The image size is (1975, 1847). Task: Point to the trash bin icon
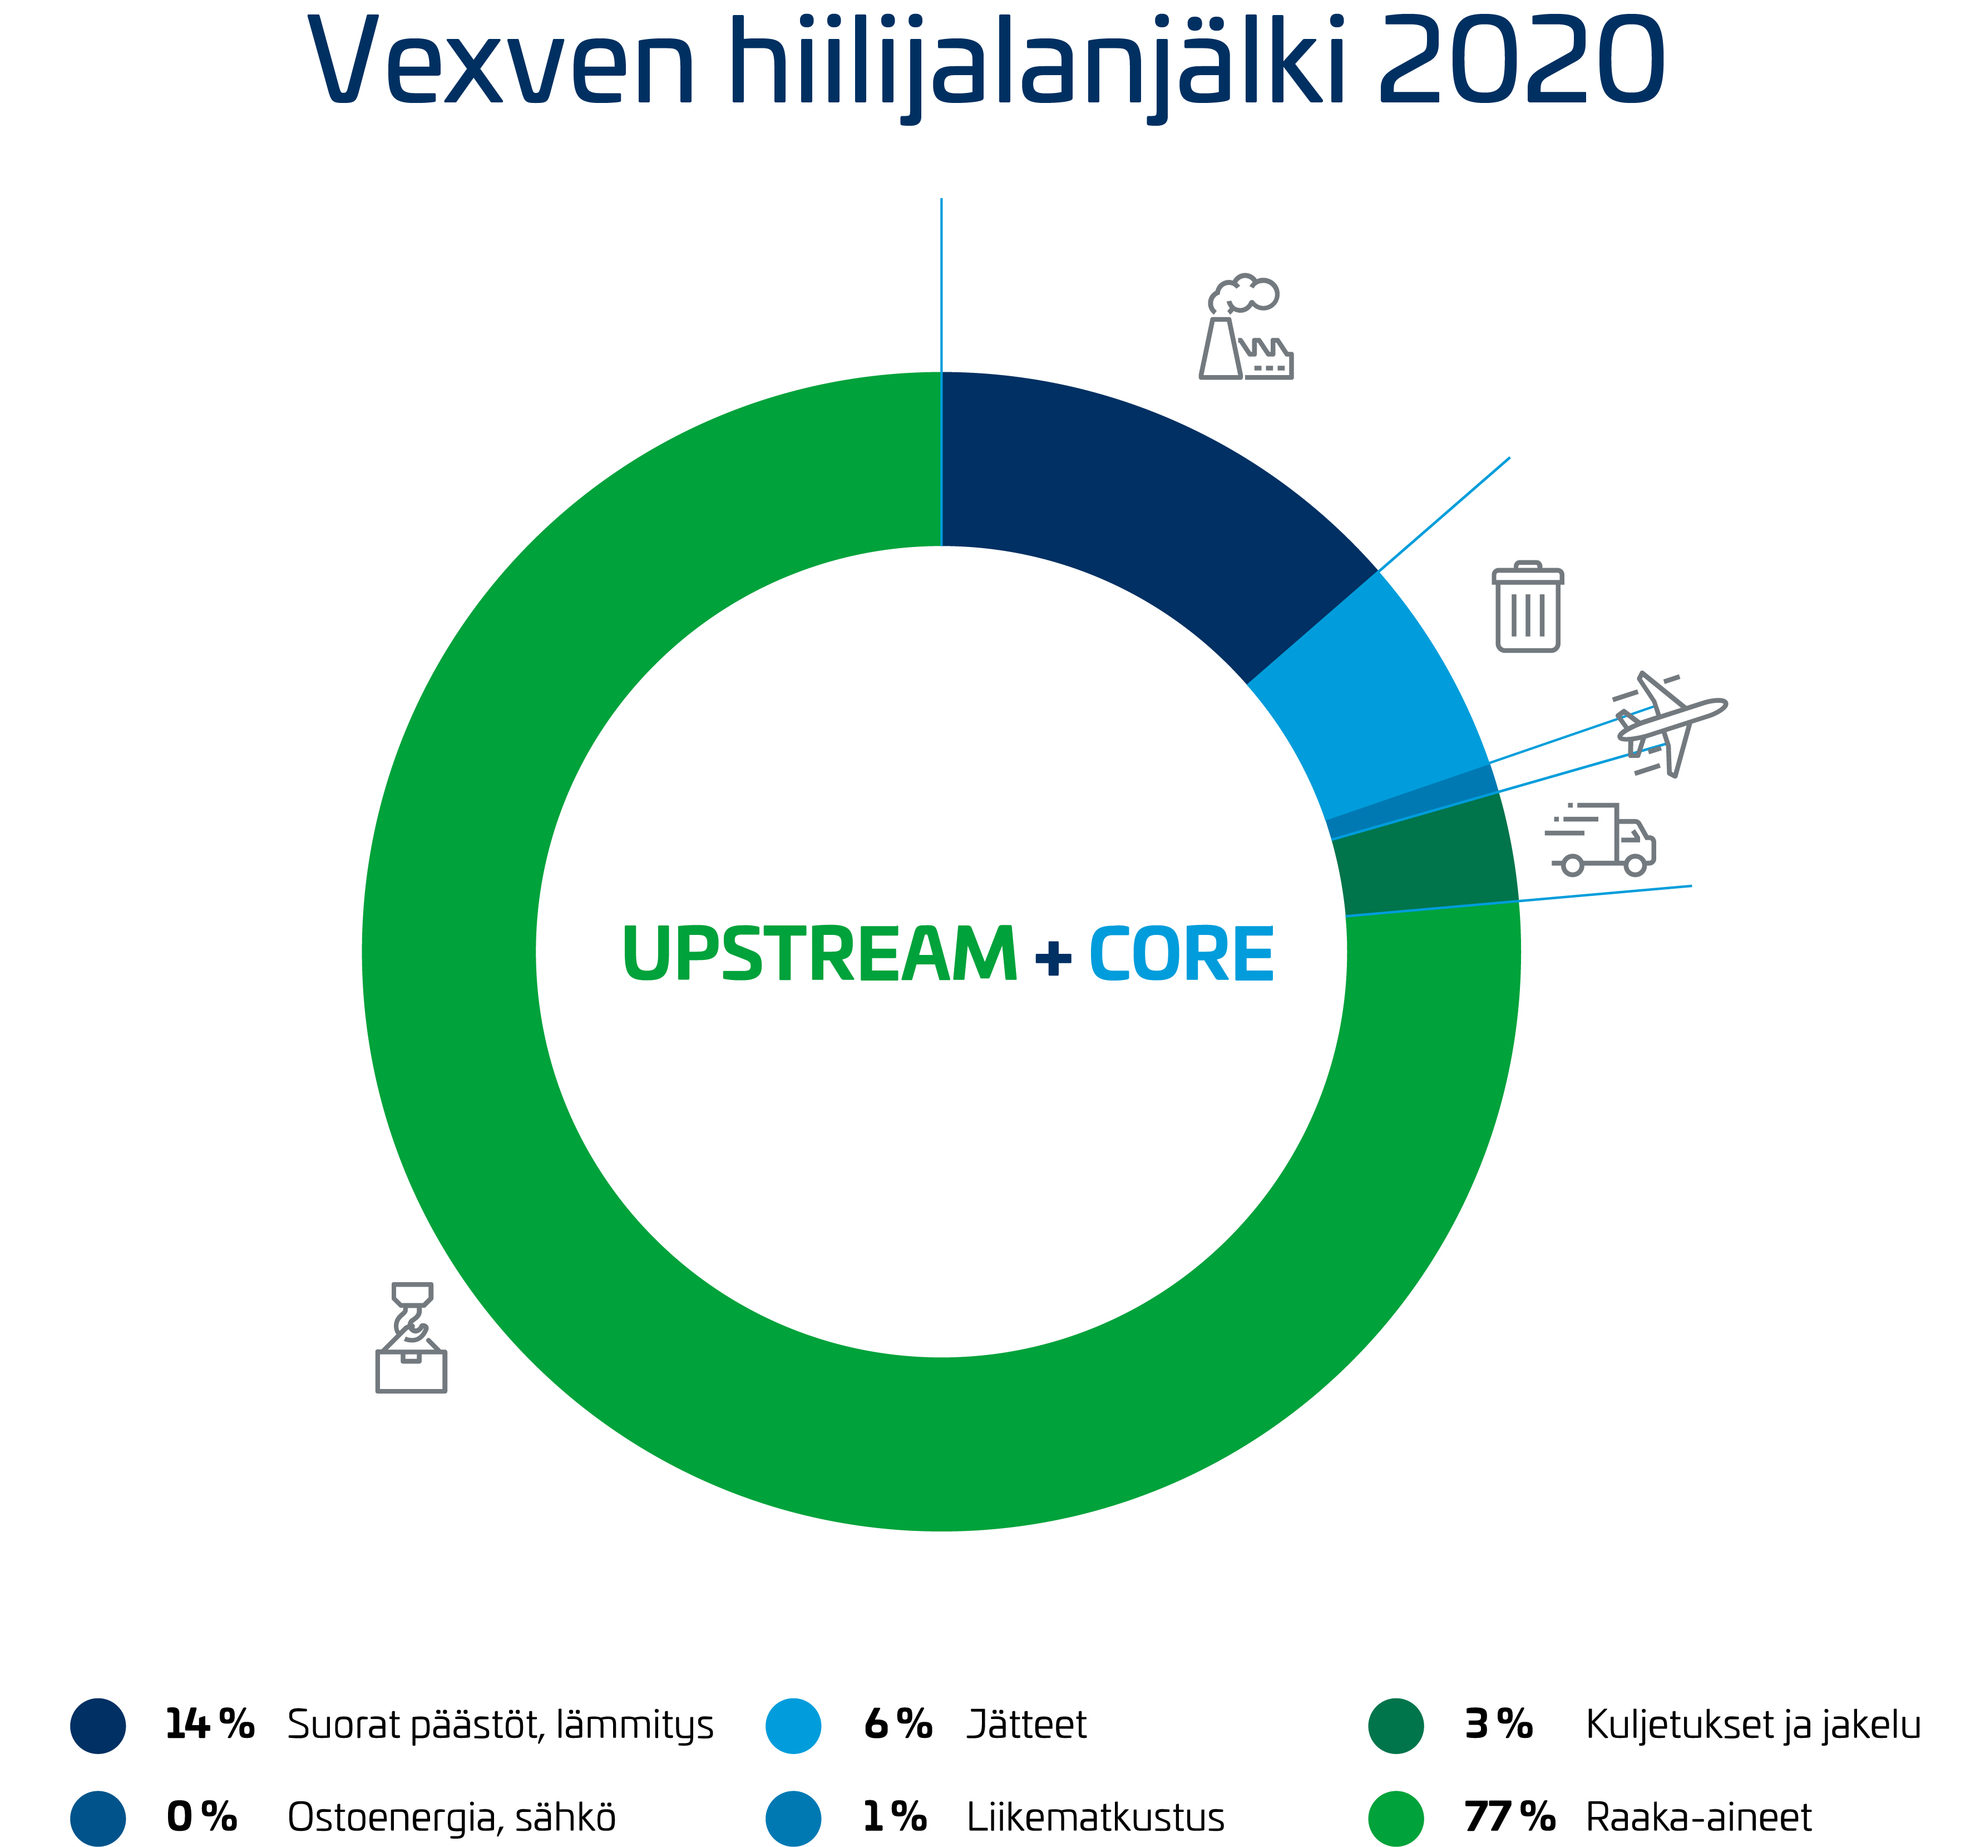pos(1528,606)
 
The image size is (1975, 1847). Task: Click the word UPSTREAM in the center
pos(819,954)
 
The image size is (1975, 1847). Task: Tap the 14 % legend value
pos(210,1724)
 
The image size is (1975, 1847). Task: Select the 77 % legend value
pos(1509,1816)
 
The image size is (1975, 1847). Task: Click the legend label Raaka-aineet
pos(1699,1816)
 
